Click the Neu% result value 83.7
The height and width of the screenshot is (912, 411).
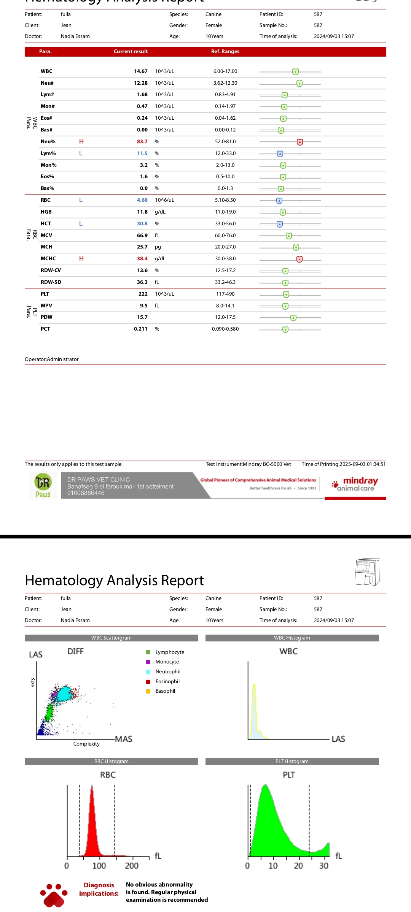coord(142,142)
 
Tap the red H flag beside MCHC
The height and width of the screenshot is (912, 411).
coord(81,259)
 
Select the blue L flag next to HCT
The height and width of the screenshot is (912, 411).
coord(81,224)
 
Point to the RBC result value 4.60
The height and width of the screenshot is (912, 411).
coord(142,200)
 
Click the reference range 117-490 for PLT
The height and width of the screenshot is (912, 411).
coord(225,294)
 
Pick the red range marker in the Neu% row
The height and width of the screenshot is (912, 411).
coord(300,142)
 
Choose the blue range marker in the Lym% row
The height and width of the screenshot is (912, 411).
coord(280,154)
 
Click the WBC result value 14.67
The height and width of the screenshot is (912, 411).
coord(140,71)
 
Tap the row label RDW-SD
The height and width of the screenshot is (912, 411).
coord(51,282)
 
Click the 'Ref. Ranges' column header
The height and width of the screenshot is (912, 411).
coord(225,52)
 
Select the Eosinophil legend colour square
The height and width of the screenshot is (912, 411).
coord(148,682)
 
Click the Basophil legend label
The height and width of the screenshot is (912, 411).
coord(165,691)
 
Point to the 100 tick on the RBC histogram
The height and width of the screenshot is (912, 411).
coord(99,866)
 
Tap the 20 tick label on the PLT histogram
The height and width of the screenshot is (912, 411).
coord(298,866)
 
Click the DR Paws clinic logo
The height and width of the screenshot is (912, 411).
coord(43,486)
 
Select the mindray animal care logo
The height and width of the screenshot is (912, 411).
coord(355,484)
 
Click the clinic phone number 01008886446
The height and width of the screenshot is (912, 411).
coord(86,493)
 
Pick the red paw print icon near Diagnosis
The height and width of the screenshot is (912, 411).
coord(54,895)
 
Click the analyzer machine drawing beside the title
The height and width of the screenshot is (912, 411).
coord(368,572)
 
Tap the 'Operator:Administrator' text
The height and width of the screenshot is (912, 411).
coord(52,359)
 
